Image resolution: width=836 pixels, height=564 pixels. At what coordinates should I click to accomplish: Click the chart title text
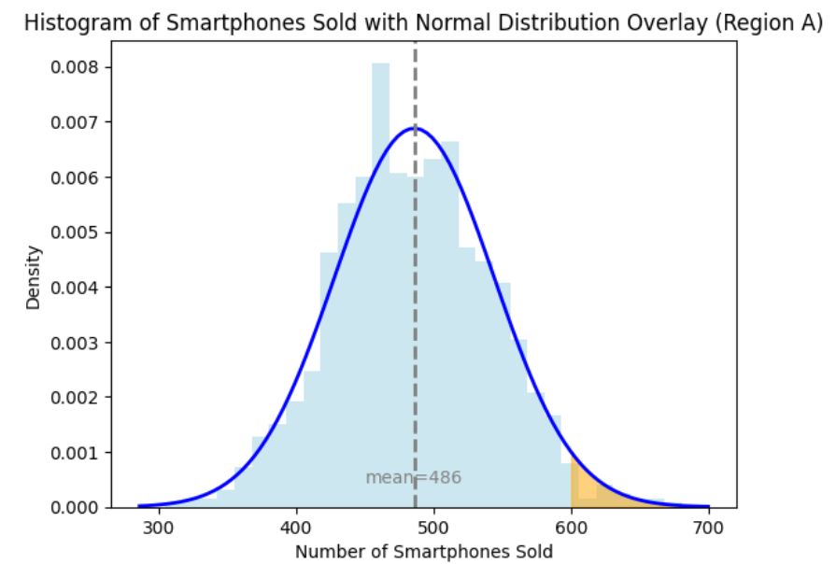[423, 24]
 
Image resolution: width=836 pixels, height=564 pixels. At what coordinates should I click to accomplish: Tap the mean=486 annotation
[413, 478]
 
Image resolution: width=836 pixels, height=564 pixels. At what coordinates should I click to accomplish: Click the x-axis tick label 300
[159, 526]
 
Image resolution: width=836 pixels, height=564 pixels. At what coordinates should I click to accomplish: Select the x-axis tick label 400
[296, 526]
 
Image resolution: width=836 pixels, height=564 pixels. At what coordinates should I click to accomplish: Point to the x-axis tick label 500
[433, 526]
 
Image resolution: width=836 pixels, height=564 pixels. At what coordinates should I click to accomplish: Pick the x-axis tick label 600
[571, 526]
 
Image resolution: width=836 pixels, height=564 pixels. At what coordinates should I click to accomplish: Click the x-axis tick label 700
[708, 526]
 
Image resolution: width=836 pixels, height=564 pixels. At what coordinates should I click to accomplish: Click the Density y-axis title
[34, 277]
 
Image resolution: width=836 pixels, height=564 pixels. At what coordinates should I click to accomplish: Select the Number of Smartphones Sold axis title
[424, 552]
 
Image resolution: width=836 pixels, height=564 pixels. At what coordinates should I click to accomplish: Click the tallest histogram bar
[380, 280]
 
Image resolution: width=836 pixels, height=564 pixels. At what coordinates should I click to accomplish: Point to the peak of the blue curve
[416, 129]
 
